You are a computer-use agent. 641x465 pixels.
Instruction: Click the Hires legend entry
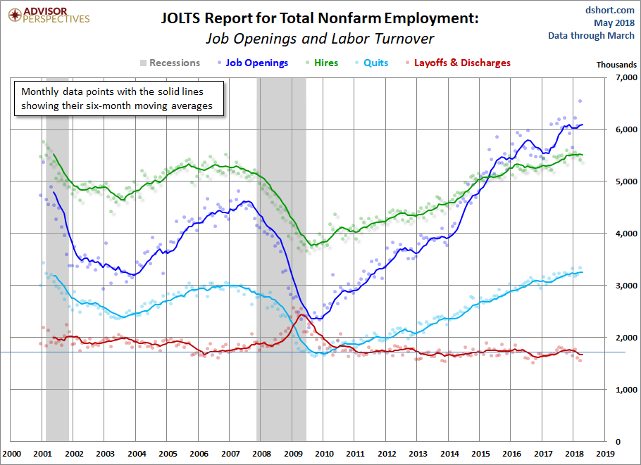(x=320, y=63)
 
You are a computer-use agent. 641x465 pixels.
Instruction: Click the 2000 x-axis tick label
(x=12, y=454)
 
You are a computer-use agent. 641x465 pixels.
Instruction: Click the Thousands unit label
(x=616, y=64)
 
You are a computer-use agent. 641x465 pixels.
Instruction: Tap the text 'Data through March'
(x=592, y=35)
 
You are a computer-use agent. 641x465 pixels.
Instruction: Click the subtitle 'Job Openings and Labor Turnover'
(x=320, y=39)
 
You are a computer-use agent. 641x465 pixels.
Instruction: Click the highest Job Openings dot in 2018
(x=580, y=101)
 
